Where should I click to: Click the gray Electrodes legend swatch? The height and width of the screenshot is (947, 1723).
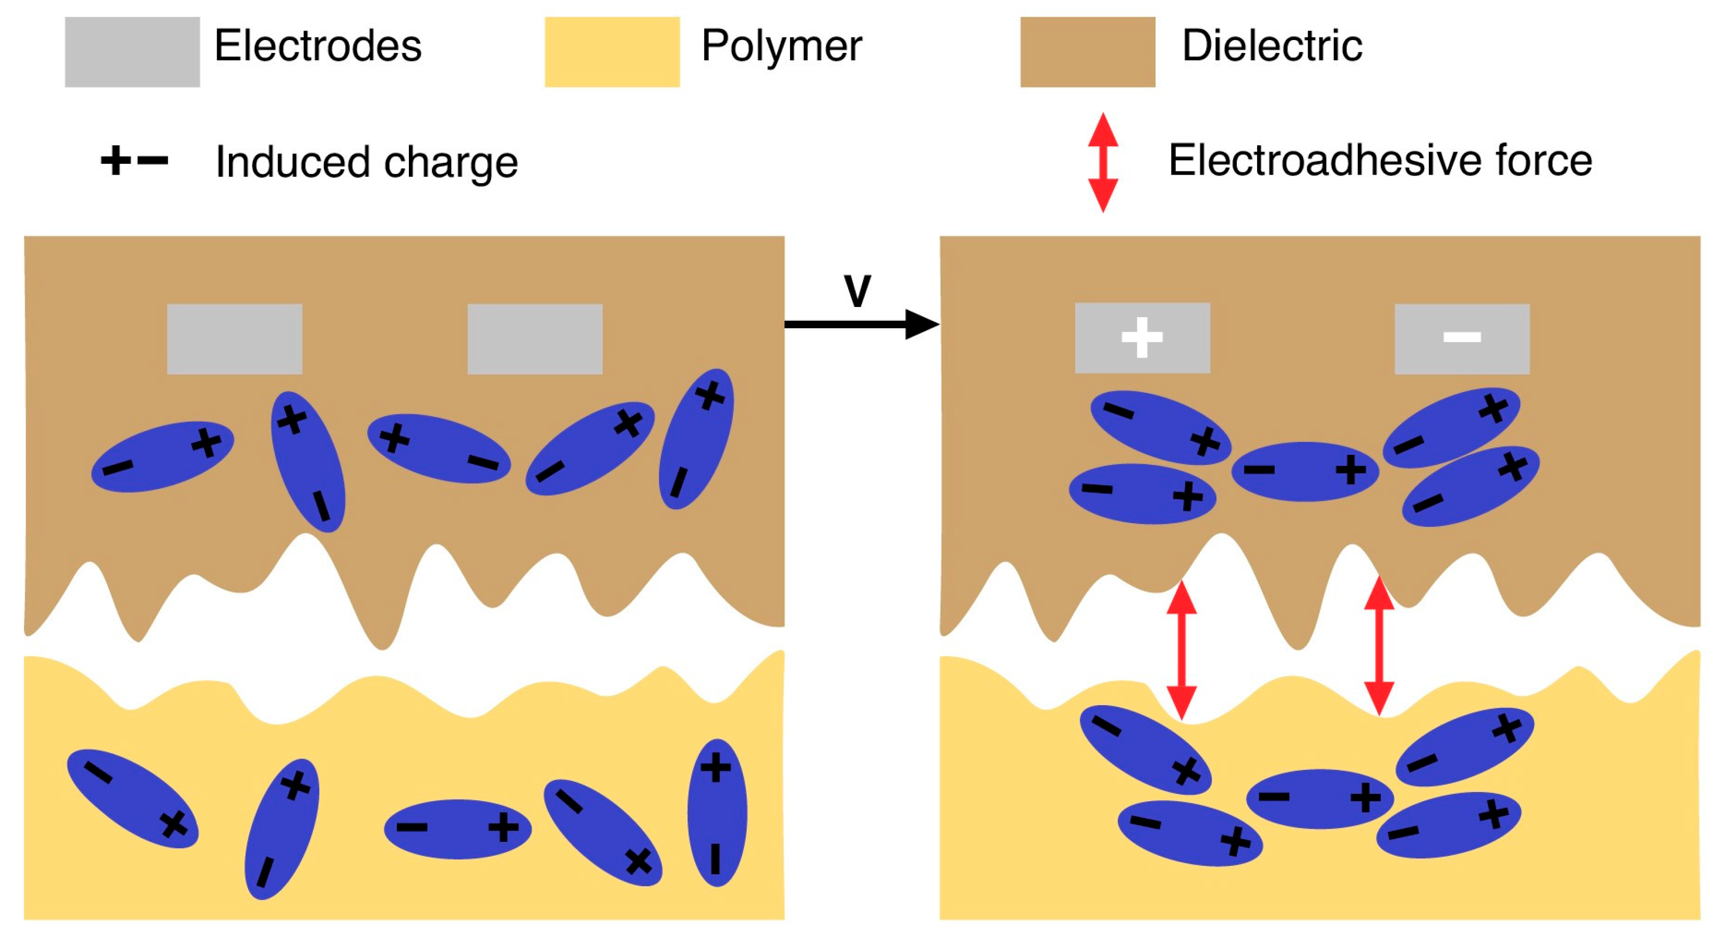coord(132,52)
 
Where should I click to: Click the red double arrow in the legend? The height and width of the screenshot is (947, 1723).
coord(1102,162)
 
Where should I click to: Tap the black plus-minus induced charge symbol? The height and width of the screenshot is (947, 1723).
coord(134,161)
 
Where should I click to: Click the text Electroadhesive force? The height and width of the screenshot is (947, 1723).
coord(1379,161)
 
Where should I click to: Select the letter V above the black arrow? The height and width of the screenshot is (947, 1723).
coord(857,291)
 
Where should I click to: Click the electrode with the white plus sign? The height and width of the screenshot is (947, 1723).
coord(1142,338)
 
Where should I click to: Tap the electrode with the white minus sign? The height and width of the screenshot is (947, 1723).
coord(1461,338)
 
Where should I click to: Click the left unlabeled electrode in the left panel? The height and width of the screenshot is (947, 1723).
coord(234,338)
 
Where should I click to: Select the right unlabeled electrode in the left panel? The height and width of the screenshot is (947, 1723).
coord(534,338)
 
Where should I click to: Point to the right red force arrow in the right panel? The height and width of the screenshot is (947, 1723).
coord(1379,646)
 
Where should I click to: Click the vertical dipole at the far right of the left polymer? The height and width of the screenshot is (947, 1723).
coord(716,812)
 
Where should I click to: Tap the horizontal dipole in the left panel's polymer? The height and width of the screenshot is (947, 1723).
coord(457,828)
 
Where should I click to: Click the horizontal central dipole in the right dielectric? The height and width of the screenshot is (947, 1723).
coord(1305,471)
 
